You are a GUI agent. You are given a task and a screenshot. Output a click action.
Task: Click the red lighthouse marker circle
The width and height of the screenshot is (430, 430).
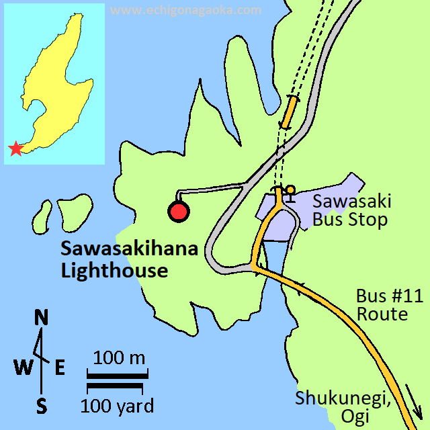(179, 212)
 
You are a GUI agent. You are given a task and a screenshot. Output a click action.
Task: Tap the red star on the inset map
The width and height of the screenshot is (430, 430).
(15, 148)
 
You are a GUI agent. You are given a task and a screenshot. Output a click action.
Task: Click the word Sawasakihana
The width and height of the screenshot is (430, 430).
(130, 249)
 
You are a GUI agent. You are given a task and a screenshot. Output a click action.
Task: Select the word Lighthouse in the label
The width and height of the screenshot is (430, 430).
(114, 271)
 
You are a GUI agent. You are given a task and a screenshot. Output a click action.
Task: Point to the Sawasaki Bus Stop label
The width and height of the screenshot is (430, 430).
(351, 210)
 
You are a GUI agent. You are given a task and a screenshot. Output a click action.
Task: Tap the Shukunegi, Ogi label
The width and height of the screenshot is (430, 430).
(343, 406)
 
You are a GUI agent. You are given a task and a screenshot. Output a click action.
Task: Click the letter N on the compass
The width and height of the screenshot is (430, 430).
(42, 317)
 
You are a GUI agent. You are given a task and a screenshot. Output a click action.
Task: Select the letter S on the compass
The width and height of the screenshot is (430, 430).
(42, 406)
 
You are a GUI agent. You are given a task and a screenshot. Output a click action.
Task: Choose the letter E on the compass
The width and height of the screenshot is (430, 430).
(60, 367)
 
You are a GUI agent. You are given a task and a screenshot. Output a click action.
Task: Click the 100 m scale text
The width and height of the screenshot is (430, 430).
(119, 357)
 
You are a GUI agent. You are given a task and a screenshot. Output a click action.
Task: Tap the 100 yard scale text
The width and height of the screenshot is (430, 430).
(117, 406)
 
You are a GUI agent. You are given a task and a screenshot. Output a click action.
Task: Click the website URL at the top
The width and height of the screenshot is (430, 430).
(185, 10)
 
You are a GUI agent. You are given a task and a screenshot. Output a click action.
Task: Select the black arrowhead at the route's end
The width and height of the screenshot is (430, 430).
(417, 409)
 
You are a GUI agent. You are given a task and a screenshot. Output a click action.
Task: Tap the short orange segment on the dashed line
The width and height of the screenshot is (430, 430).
(290, 111)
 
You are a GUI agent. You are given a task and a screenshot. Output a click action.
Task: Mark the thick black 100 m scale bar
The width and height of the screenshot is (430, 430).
(118, 376)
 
